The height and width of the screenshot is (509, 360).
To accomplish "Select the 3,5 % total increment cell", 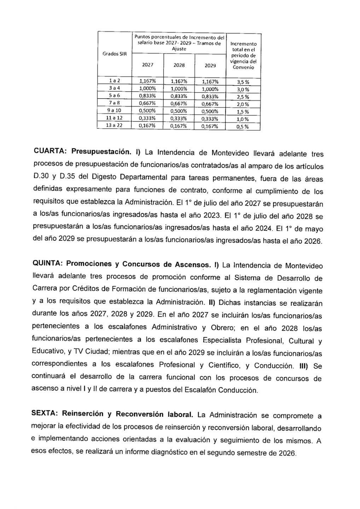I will click(x=243, y=82).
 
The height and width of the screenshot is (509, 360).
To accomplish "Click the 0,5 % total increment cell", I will click(x=243, y=127).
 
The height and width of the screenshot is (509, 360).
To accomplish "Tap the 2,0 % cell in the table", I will click(x=243, y=104).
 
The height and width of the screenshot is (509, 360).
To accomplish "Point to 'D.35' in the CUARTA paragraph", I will click(x=58, y=176).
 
